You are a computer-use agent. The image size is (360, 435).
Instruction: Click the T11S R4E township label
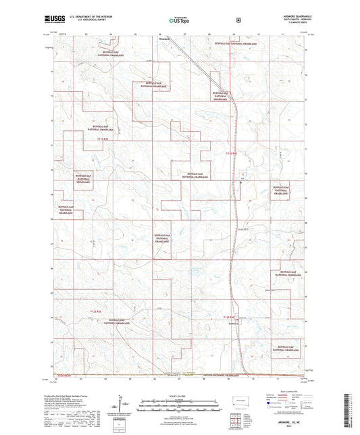point(230,153)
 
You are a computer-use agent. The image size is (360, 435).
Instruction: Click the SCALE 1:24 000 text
point(179,395)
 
